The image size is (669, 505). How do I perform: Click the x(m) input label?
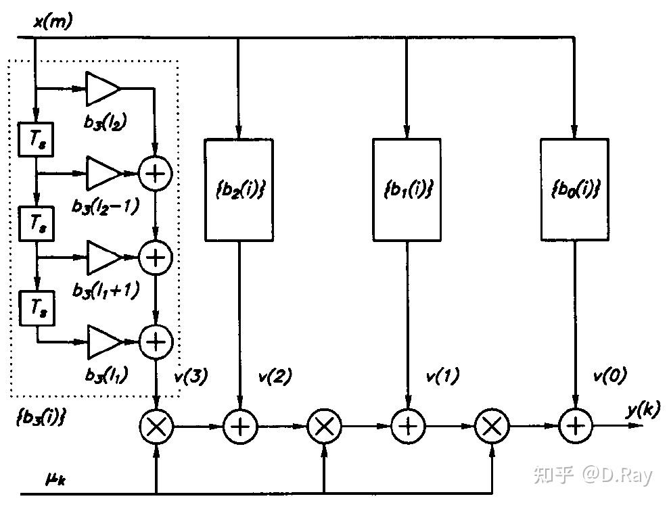(x=53, y=21)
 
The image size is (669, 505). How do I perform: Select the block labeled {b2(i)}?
(x=239, y=190)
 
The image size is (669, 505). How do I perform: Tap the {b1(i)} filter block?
(x=407, y=190)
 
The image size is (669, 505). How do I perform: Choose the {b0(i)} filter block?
(x=574, y=190)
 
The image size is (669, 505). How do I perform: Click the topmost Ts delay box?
(x=36, y=139)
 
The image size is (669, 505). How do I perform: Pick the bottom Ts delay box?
(x=37, y=308)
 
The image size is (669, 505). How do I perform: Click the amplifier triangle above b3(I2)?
(x=102, y=89)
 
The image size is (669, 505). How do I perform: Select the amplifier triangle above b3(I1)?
(x=105, y=342)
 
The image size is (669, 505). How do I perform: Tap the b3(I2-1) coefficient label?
(x=106, y=207)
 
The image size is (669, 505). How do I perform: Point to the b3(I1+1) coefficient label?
(x=106, y=291)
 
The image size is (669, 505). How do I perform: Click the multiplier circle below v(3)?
(x=156, y=426)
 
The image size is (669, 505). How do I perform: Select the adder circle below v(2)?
(x=240, y=426)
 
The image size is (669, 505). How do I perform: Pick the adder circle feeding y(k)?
(x=576, y=426)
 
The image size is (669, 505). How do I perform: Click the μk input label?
(x=55, y=479)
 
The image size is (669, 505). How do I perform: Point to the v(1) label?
(x=443, y=376)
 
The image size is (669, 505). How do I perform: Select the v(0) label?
(x=610, y=376)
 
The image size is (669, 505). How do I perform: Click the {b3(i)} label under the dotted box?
(x=41, y=416)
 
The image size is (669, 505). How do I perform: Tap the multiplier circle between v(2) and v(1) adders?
(x=324, y=426)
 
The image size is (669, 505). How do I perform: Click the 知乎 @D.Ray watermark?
(x=593, y=475)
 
